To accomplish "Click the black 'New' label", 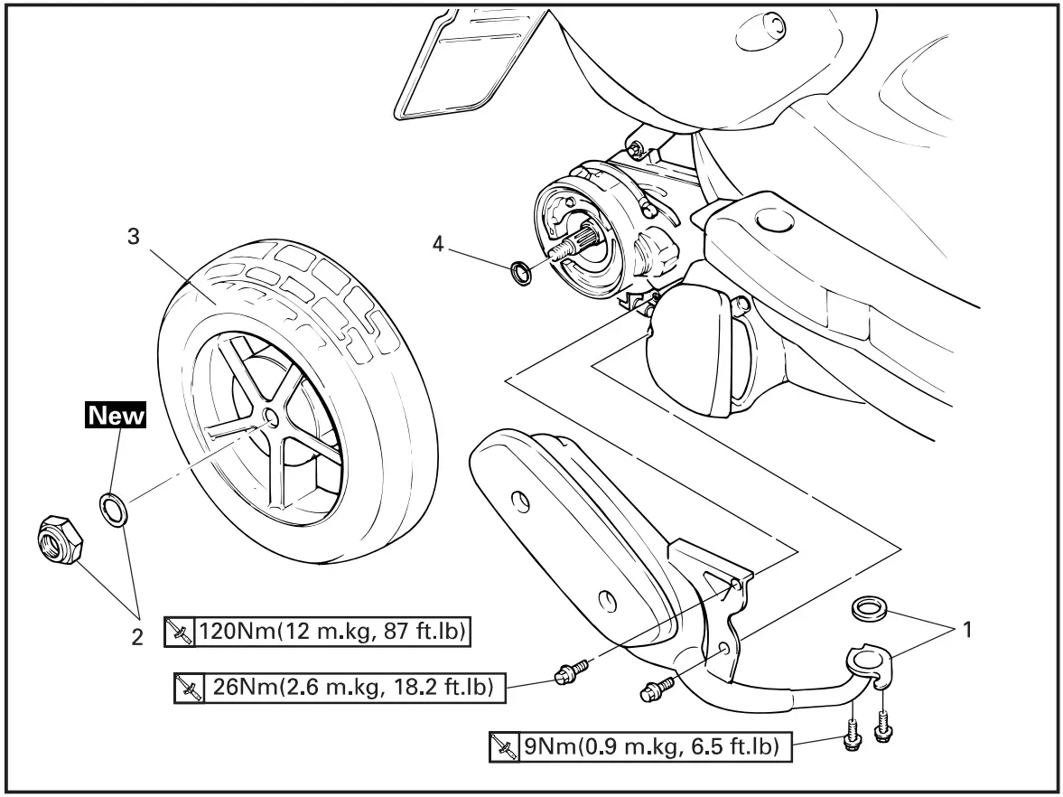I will point(116,417).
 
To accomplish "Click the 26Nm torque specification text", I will point(350,689).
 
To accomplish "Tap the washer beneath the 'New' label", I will point(113,510).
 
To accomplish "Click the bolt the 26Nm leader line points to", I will point(567,673).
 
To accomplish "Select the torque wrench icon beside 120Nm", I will point(178,632).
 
